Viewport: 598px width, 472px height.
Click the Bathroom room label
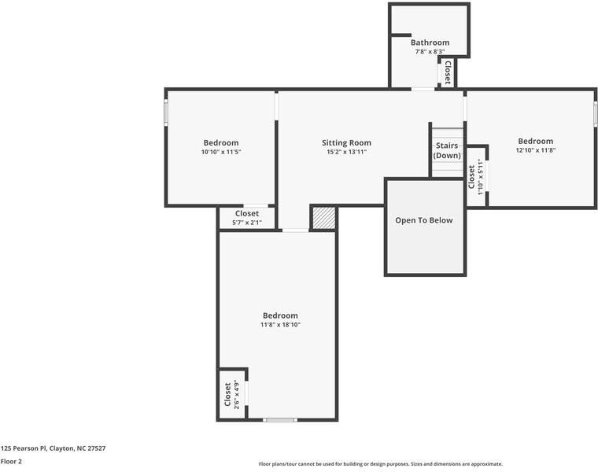[x=430, y=42]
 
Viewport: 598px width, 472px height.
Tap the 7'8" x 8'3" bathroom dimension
[x=430, y=52]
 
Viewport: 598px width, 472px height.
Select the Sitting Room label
[x=346, y=143]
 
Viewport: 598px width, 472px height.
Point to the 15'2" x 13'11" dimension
[x=346, y=152]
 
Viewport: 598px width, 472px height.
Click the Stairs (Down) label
[x=447, y=150]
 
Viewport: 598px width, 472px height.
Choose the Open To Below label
[x=424, y=220]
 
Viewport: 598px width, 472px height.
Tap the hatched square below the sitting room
[x=323, y=218]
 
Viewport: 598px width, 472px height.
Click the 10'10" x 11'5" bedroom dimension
[x=220, y=152]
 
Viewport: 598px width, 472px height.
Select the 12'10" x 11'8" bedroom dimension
[x=535, y=150]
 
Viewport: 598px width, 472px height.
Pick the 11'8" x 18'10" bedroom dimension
[x=280, y=324]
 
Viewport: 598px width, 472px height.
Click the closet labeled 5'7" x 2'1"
[x=246, y=218]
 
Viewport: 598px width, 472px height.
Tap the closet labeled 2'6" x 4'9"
[x=232, y=394]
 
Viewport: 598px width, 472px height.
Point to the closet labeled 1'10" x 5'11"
[x=475, y=175]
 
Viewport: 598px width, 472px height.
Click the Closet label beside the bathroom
[x=448, y=72]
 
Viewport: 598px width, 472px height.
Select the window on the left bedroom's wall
[x=166, y=112]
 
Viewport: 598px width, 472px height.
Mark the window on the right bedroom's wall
[x=595, y=112]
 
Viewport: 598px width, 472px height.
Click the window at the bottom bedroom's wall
[x=279, y=420]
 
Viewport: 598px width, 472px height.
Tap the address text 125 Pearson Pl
[x=53, y=448]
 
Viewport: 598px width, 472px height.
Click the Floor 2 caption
[x=11, y=462]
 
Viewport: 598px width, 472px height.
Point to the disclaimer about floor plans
[x=380, y=464]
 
